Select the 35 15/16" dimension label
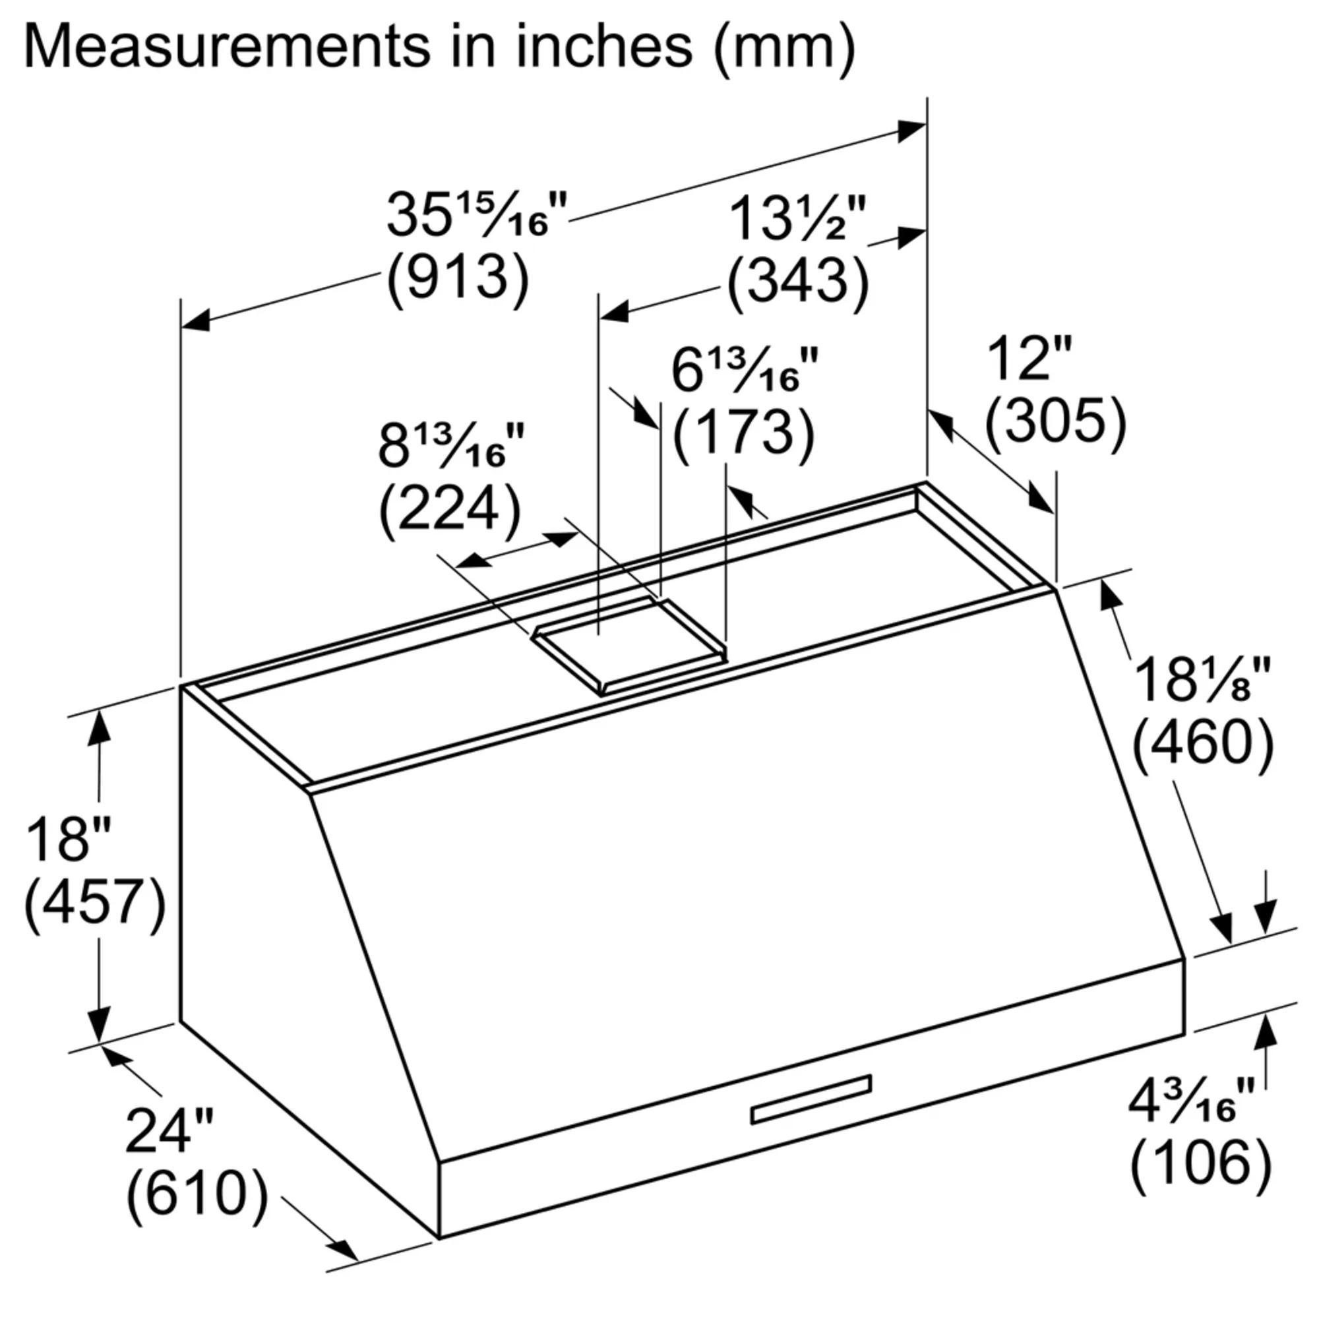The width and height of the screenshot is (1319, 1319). [476, 214]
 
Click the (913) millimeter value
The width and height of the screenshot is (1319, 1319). [458, 278]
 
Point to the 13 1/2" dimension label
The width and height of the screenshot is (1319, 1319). [797, 219]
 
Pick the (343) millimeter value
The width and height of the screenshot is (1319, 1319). [797, 282]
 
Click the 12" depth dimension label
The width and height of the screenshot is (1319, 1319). [1030, 357]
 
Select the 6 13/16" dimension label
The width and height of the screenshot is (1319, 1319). [744, 371]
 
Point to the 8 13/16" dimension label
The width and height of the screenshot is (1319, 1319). [451, 446]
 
